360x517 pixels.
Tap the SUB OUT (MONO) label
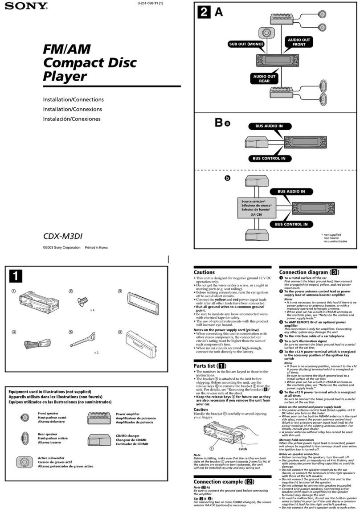tap(246, 44)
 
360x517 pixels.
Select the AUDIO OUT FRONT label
tap(299, 43)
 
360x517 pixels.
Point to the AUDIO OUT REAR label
tap(265, 79)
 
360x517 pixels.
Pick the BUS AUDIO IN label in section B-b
tap(291, 192)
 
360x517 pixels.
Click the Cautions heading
tap(204, 272)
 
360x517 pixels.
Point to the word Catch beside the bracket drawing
tap(243, 449)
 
